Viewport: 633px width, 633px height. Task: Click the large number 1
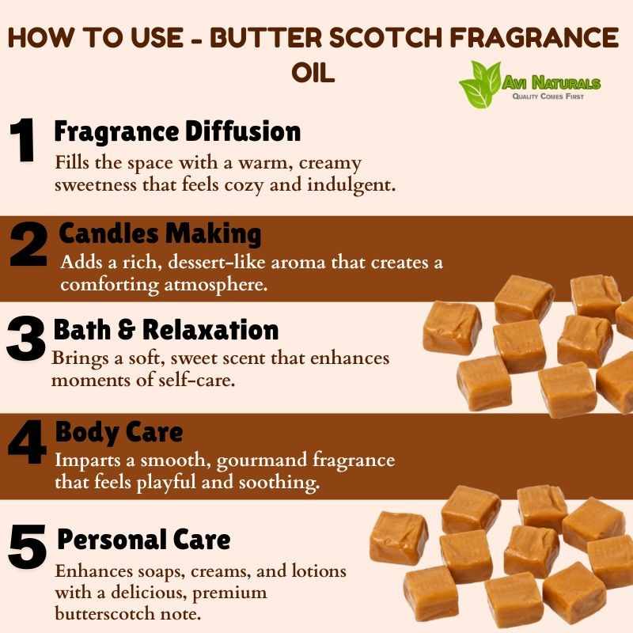coord(23,140)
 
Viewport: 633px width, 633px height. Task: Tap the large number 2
coord(28,244)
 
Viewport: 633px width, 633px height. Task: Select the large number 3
coord(25,338)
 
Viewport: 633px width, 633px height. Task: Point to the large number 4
coord(27,442)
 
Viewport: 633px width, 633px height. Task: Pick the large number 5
coord(27,547)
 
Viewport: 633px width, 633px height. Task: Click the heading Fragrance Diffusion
coord(177,132)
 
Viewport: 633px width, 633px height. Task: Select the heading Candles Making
coord(161,234)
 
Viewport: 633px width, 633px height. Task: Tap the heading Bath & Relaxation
coord(166,330)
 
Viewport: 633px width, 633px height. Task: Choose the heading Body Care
coord(119,432)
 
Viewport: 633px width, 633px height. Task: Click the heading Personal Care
coord(144,540)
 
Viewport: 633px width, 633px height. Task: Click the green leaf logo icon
coord(480,85)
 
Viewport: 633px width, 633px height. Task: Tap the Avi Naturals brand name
coord(551,83)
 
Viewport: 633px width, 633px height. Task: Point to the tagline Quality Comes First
coord(548,96)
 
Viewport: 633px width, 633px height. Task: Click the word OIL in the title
coord(313,73)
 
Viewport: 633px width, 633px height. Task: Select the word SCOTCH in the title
coord(386,37)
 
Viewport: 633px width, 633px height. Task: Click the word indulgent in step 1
coord(351,185)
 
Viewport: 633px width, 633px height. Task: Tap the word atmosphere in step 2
coord(215,286)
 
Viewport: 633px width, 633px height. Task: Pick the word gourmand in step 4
coord(262,461)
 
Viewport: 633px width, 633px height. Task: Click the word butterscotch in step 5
coord(104,614)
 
